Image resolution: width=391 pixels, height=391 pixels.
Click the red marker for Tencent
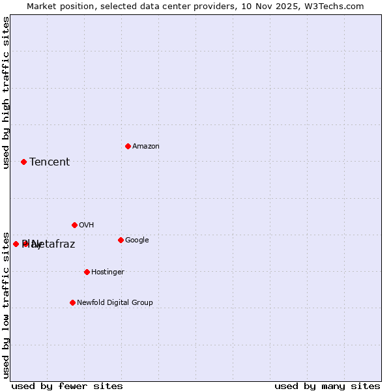coord(23,162)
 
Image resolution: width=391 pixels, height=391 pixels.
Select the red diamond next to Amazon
coord(128,146)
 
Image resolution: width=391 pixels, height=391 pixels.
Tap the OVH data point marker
coord(74,225)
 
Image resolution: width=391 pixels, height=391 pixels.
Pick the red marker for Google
coord(121,240)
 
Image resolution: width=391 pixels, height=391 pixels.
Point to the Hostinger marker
coord(87,272)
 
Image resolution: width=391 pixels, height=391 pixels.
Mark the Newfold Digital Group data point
coord(72,302)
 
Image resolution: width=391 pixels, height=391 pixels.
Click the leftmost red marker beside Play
coord(16,244)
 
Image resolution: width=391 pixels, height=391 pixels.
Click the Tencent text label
coord(50,162)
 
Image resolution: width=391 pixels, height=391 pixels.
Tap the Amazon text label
coord(146,146)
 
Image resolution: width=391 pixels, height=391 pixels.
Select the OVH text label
coord(87,225)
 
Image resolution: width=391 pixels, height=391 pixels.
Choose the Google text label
coord(137,240)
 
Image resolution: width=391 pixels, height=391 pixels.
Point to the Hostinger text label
coord(108,272)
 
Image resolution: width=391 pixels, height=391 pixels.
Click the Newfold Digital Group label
coord(115,302)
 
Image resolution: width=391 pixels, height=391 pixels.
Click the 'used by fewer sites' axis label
coord(67,386)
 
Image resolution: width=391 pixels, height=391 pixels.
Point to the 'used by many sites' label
coord(327,386)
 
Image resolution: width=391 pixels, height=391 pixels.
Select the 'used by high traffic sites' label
coord(7,93)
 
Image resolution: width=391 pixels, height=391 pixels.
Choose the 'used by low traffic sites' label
coord(7,304)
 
